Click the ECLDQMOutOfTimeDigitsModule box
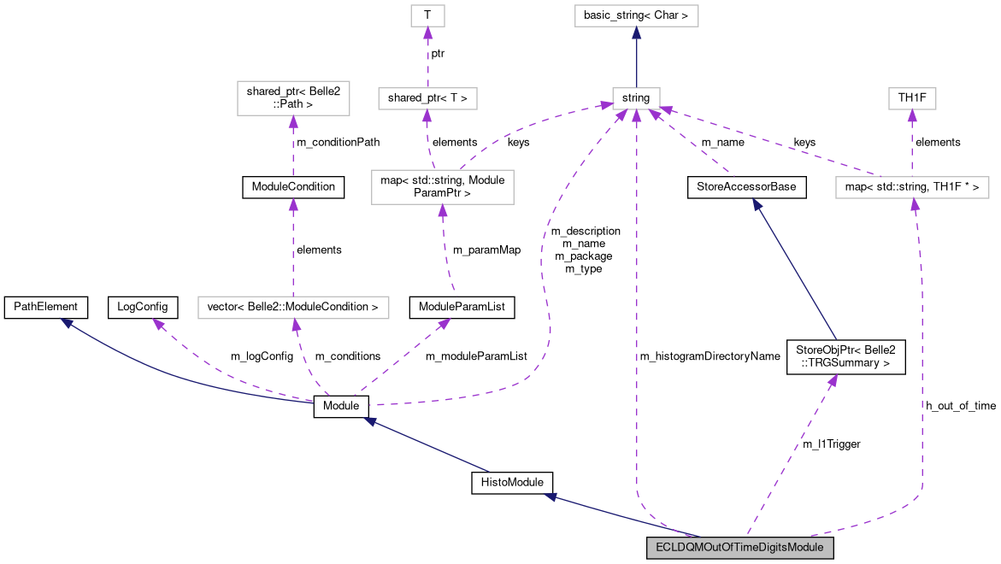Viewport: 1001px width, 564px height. (739, 548)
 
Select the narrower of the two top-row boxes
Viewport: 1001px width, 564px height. (427, 15)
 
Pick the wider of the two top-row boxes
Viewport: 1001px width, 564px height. (636, 15)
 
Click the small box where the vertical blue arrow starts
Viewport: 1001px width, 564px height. (636, 98)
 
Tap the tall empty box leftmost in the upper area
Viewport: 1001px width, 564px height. (293, 98)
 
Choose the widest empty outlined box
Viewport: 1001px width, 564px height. (293, 308)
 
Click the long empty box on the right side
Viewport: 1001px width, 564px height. (912, 187)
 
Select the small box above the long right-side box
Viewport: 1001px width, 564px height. (912, 98)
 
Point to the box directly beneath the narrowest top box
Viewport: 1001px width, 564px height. (427, 98)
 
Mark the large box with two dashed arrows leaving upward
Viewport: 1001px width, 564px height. (442, 187)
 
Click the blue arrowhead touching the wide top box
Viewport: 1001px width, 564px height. (636, 32)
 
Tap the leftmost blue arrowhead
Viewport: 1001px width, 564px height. (65, 321)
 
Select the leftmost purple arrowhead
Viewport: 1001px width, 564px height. (157, 324)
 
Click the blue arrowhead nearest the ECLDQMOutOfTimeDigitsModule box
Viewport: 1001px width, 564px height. (551, 496)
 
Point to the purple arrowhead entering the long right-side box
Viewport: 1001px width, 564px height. (915, 204)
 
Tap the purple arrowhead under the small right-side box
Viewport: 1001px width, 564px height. (912, 115)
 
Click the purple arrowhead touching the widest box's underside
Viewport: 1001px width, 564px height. (296, 325)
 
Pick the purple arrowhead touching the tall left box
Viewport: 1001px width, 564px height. (293, 121)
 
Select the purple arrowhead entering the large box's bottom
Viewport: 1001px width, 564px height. (442, 210)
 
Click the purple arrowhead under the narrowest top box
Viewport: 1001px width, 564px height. (427, 32)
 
